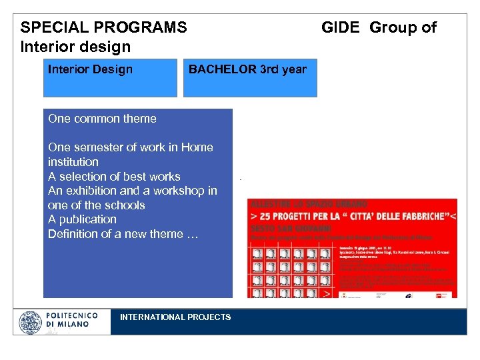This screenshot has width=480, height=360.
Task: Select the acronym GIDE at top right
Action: [341, 28]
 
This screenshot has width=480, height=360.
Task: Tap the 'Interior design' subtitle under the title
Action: [75, 47]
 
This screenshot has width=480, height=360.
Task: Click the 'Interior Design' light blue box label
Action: [90, 69]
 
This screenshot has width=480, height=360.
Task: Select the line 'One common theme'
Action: [102, 119]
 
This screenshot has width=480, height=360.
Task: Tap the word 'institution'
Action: [73, 162]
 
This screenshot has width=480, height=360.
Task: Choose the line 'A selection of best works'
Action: [114, 177]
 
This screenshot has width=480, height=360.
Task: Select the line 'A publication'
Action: [82, 219]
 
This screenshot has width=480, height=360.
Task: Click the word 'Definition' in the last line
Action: [73, 234]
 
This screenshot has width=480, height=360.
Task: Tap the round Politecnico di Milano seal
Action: [31, 323]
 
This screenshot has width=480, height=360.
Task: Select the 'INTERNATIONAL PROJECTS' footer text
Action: [175, 317]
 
